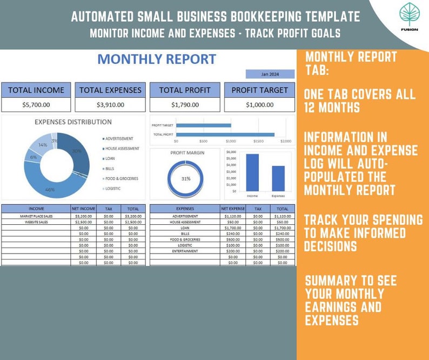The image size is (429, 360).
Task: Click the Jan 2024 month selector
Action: coord(270,74)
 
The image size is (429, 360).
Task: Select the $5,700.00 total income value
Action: coord(36,104)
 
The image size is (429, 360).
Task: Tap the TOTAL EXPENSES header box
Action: coord(110,90)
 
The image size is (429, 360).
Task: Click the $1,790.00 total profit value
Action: coord(185,104)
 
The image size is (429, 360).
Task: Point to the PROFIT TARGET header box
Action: coord(259,90)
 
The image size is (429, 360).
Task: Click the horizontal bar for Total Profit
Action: coord(225,135)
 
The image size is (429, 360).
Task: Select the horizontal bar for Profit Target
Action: coord(203,125)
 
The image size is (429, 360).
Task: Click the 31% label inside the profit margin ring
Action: coord(185,178)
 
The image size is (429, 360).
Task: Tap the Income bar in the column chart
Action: coord(252,172)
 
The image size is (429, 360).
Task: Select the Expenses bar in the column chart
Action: coord(278,178)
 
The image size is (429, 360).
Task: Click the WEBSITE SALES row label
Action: coord(36,222)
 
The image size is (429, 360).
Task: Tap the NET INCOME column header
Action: coord(84,208)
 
